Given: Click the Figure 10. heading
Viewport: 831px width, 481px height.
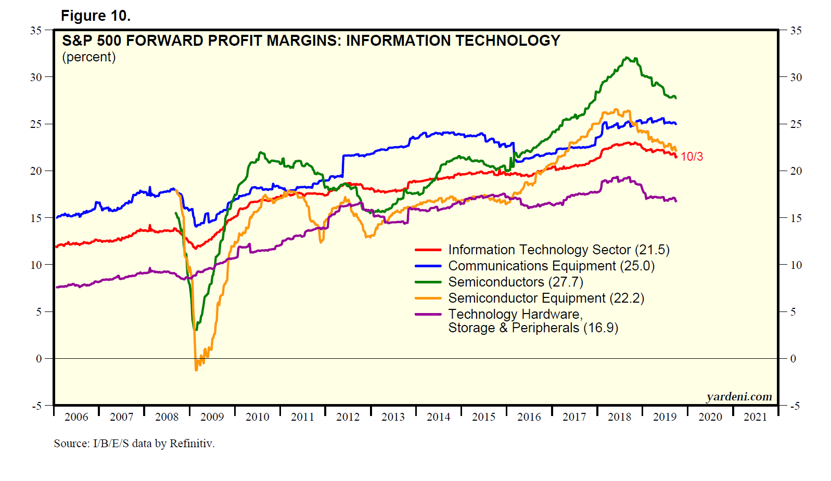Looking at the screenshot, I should point(95,16).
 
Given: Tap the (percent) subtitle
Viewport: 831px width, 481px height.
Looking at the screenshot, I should point(89,57).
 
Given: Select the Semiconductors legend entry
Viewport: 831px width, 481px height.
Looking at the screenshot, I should point(515,282).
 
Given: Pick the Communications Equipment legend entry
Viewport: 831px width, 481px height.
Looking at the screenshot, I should point(551,266).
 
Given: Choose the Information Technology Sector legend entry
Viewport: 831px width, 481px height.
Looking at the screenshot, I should point(558,250).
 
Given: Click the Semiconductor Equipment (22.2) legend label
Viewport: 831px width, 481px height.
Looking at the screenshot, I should point(546,298).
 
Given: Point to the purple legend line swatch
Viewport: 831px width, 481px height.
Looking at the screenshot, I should point(428,314).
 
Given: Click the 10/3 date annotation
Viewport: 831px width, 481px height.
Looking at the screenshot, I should point(692,157).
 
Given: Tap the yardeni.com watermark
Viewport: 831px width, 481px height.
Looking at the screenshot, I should point(739,397).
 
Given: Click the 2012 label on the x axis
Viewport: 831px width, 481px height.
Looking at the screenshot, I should point(348,417).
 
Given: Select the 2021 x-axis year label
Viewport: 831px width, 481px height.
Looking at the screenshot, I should point(755,417).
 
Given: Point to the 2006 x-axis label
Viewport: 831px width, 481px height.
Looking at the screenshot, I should point(76,417).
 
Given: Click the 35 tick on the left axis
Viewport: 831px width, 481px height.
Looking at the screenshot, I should point(36,30).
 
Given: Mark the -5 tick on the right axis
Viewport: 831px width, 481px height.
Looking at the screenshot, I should point(795,406).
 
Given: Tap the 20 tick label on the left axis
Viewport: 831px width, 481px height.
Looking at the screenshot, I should point(36,171).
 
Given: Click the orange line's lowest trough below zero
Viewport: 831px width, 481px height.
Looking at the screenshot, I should point(196,369).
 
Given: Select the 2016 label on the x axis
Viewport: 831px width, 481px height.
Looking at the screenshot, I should point(529,417).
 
